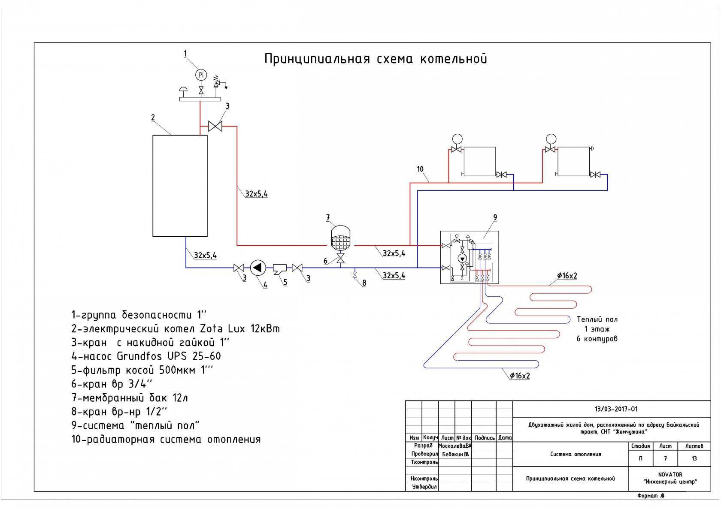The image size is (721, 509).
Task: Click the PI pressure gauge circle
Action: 201,75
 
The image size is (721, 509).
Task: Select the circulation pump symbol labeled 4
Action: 257,268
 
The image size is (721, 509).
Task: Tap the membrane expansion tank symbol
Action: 341,238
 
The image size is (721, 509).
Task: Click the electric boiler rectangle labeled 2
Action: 180,186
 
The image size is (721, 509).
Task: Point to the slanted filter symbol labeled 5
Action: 282,269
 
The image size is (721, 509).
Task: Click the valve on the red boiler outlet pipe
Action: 215,126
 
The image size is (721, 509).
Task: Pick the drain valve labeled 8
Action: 355,274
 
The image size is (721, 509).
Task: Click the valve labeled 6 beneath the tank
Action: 341,259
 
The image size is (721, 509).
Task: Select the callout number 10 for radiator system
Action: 420,169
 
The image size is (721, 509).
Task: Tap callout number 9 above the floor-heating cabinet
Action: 495,218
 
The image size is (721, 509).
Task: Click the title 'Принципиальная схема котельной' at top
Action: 376,58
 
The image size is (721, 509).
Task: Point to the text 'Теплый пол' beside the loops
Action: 597,319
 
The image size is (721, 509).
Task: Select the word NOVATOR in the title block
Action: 670,475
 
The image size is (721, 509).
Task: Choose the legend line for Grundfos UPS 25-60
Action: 146,356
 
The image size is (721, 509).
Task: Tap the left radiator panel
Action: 479,161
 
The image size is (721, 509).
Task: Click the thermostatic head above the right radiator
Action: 551,139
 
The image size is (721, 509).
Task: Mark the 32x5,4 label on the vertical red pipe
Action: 256,194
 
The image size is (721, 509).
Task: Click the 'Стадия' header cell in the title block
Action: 640,446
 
